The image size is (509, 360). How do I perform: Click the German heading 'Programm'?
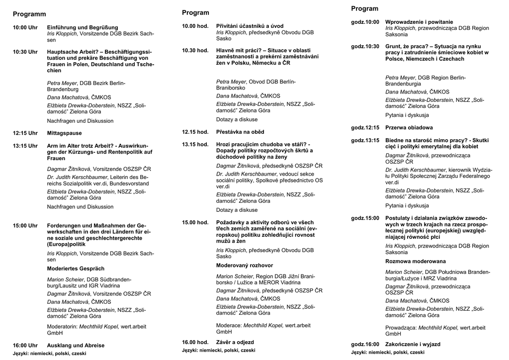(x=29, y=14)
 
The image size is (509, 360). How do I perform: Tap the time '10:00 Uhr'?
(x=25, y=27)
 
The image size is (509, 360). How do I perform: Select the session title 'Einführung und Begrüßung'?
(x=83, y=27)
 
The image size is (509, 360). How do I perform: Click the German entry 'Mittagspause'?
(x=64, y=133)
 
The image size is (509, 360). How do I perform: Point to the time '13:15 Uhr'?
(x=25, y=146)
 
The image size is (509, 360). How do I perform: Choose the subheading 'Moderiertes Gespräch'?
(x=76, y=269)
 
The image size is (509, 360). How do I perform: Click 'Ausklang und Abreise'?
(x=76, y=345)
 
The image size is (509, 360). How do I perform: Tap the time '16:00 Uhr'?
(x=25, y=345)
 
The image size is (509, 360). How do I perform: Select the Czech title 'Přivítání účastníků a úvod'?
(x=250, y=26)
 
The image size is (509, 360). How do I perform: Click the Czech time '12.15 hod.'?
(x=195, y=132)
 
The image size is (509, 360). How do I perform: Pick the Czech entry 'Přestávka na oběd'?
(x=240, y=132)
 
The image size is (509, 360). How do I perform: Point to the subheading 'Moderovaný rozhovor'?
(x=245, y=266)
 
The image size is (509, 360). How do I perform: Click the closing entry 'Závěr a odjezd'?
(x=235, y=342)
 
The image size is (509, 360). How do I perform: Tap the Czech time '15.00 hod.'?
(x=195, y=222)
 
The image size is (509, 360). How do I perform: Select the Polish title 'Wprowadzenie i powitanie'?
(x=419, y=22)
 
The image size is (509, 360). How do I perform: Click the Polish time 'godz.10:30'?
(x=365, y=46)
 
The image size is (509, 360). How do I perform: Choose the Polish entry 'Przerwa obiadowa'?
(x=409, y=128)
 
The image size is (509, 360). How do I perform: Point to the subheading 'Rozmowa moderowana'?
(x=416, y=261)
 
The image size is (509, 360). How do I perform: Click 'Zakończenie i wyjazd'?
(x=413, y=344)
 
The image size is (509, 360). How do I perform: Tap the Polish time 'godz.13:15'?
(x=365, y=140)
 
